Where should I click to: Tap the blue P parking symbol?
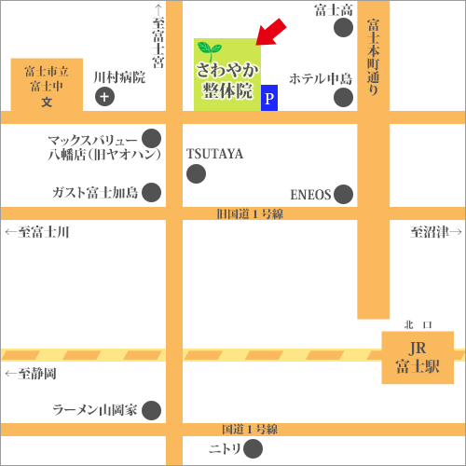(x=269, y=97)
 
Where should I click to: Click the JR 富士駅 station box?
(x=418, y=357)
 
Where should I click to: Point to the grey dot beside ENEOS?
(x=344, y=195)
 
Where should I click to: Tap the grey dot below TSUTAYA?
(x=196, y=173)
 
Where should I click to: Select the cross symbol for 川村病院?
(x=105, y=97)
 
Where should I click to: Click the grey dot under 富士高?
(x=344, y=28)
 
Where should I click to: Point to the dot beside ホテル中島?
(x=344, y=97)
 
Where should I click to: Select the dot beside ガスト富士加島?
(x=151, y=193)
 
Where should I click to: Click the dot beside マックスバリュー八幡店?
(x=151, y=146)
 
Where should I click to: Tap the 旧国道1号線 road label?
(x=249, y=214)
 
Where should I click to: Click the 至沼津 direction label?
(x=430, y=231)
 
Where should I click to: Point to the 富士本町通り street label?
(x=373, y=56)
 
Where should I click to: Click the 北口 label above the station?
(x=418, y=324)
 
